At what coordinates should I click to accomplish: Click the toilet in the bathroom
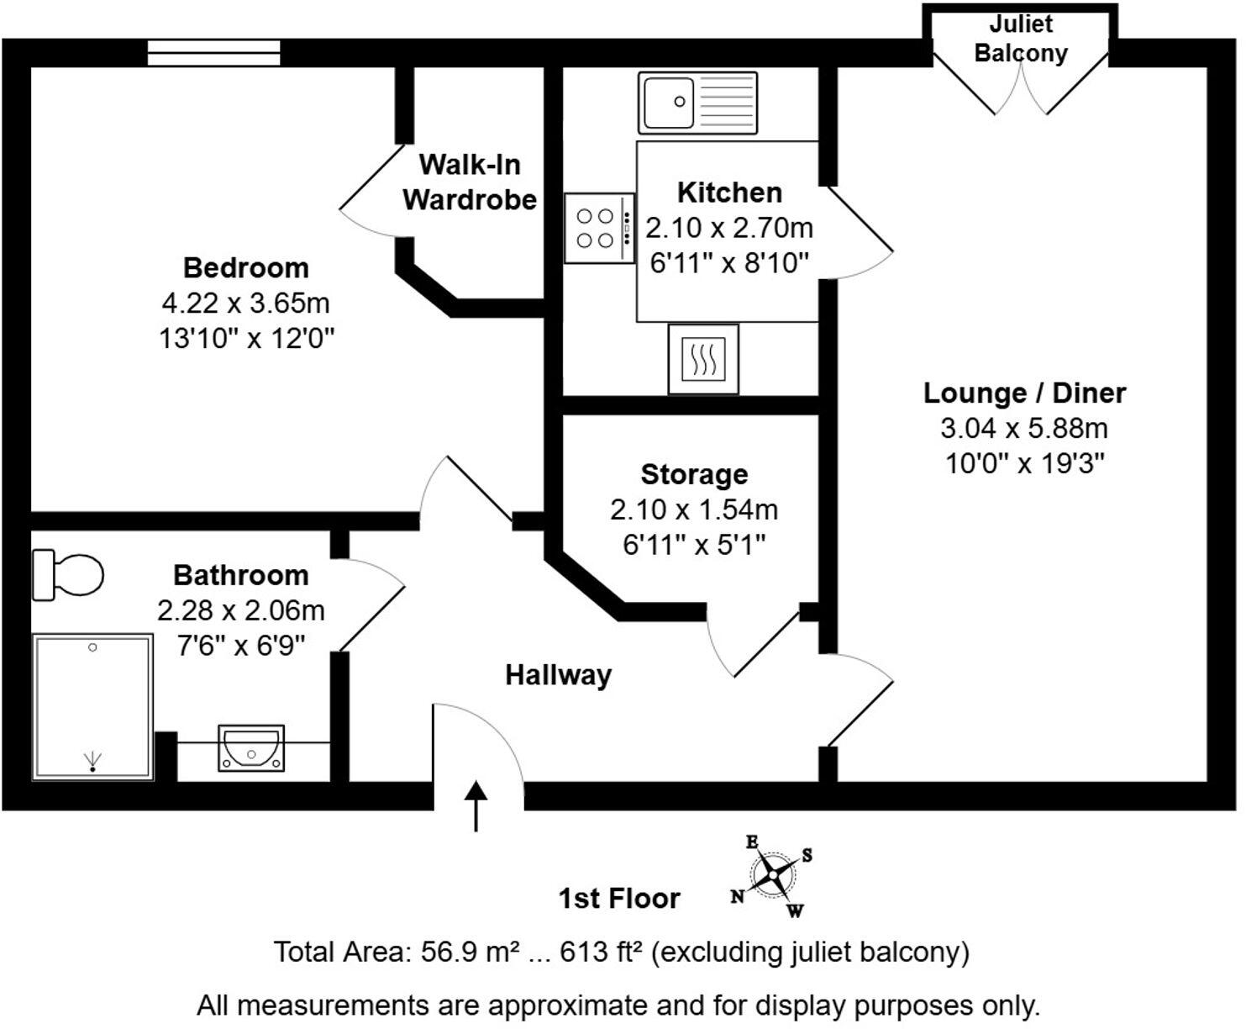tap(67, 575)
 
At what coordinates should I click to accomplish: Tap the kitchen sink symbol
tap(697, 103)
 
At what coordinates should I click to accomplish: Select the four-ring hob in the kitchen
tap(598, 228)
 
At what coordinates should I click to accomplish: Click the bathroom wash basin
tap(251, 747)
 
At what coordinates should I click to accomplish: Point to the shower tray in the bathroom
tap(92, 706)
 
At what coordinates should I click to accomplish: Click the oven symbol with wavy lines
tap(703, 359)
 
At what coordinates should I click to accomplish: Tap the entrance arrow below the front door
tap(476, 805)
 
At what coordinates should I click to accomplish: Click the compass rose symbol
tap(771, 876)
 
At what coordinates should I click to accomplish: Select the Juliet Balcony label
tap(1020, 39)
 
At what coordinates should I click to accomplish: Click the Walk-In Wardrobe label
tap(470, 182)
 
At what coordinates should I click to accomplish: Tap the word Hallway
tap(558, 675)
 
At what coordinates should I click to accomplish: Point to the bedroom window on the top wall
tap(214, 52)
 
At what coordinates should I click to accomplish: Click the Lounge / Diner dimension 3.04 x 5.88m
tap(1023, 428)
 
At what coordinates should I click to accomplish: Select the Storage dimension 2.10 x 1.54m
tap(694, 509)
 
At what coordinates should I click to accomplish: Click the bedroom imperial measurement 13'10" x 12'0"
tap(247, 339)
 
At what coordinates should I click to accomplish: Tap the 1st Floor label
tap(619, 898)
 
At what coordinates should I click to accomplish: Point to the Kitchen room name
tap(729, 193)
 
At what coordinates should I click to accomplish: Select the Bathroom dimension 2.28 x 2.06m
tap(241, 610)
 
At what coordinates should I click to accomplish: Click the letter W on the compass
tap(795, 910)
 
